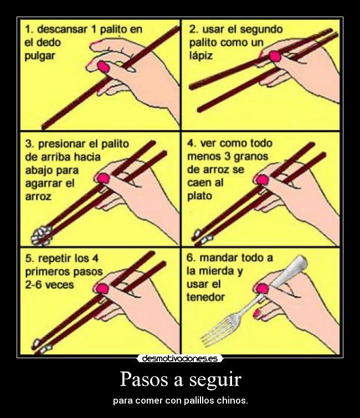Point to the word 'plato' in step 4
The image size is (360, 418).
pyautogui.click(x=200, y=196)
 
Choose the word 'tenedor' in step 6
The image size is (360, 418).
pyautogui.click(x=207, y=297)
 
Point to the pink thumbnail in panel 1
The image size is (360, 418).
pyautogui.click(x=102, y=66)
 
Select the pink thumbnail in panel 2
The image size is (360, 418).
pyautogui.click(x=275, y=55)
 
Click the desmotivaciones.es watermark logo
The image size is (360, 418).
pyautogui.click(x=179, y=358)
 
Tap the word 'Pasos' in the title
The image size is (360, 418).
pyautogui.click(x=143, y=380)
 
